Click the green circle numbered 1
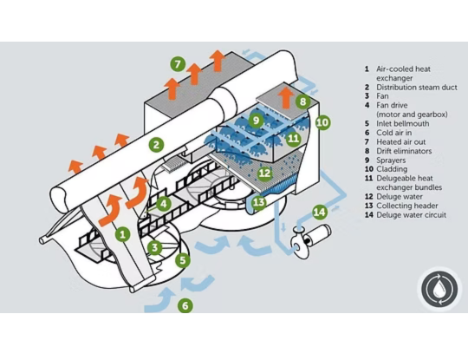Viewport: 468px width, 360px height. click(122, 233)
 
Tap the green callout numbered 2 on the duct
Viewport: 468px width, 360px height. click(156, 144)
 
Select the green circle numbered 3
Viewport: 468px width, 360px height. click(154, 247)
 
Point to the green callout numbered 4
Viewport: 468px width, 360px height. click(164, 205)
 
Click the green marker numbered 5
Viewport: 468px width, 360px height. click(181, 259)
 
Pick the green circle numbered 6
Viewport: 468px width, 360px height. click(184, 305)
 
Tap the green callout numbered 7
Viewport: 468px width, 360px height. click(177, 64)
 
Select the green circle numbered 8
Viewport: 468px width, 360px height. click(302, 101)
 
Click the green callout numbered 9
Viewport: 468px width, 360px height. click(256, 120)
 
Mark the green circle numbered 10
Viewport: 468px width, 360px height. click(322, 123)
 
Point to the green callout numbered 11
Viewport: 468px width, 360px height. click(293, 138)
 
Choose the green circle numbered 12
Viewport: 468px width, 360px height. click(265, 173)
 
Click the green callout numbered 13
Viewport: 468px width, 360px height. click(258, 202)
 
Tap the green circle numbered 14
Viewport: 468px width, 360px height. click(319, 211)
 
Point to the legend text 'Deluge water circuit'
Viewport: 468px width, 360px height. click(412, 214)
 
